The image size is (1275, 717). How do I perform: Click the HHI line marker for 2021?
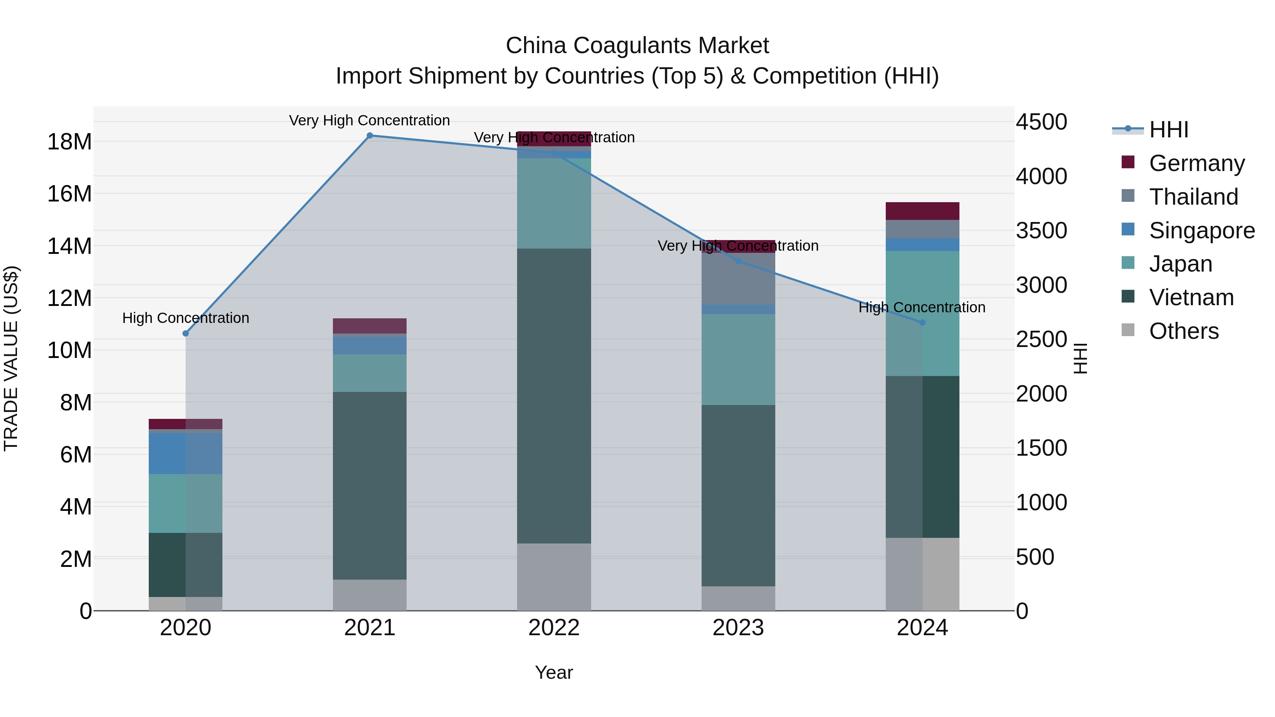tap(370, 136)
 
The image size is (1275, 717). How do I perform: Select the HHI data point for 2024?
tap(922, 323)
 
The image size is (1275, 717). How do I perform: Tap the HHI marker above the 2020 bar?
tap(186, 334)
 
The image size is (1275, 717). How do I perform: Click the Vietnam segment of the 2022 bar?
tap(554, 396)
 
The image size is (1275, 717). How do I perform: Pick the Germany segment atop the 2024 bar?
tap(922, 211)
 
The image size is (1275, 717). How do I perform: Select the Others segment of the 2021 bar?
tap(370, 595)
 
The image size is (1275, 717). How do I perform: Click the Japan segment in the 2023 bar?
tap(738, 359)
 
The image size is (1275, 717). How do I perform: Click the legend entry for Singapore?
tap(1201, 231)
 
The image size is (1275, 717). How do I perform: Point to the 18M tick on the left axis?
tap(69, 142)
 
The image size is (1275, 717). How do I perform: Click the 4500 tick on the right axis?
tap(1041, 122)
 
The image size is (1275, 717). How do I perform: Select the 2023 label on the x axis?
tap(738, 628)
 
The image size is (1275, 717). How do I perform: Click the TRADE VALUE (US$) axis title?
tap(11, 358)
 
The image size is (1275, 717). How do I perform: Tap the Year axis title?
tap(554, 672)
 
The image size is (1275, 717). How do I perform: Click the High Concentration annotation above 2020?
tap(186, 318)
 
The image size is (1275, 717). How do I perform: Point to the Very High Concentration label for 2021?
tap(369, 121)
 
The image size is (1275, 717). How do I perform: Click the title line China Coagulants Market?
tap(637, 46)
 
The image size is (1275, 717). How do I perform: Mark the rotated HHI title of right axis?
tap(1081, 358)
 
